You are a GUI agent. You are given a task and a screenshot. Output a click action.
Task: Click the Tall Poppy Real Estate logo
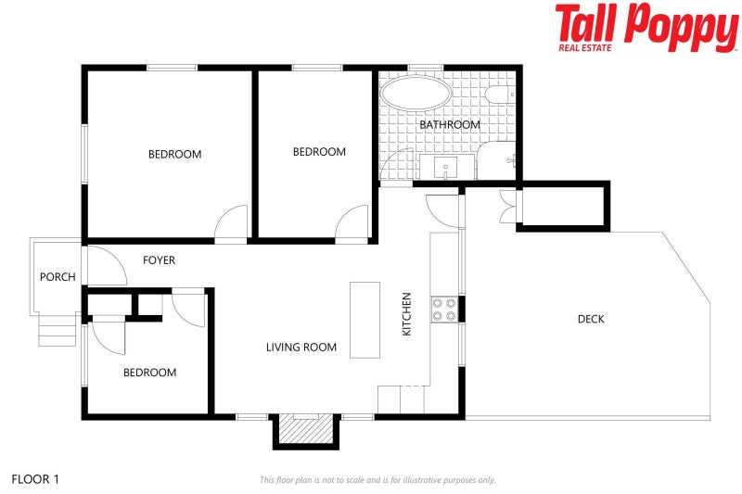pos(646,27)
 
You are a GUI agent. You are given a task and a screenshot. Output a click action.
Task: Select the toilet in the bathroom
pos(497,95)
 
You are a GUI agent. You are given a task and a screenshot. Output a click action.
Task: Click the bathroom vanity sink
pos(446,169)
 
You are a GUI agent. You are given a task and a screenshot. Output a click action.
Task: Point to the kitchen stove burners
pos(443,309)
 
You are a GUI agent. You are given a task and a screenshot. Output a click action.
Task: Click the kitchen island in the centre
pos(365,319)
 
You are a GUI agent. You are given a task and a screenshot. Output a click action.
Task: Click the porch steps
pos(57,328)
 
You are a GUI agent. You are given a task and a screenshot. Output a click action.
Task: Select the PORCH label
pos(58,277)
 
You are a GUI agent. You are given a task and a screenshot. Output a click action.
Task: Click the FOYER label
pos(159,260)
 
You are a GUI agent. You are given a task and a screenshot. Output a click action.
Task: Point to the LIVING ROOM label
pos(301,348)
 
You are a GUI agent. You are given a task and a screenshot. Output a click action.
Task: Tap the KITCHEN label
pos(406,314)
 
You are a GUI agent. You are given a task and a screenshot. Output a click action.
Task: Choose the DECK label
pos(591,319)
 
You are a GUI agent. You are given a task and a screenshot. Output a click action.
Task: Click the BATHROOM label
pos(450,124)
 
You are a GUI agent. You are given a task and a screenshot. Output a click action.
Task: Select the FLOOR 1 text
pos(35,479)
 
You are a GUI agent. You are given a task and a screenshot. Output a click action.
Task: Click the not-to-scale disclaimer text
pos(377,480)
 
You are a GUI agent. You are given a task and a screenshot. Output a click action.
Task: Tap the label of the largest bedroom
pos(174,154)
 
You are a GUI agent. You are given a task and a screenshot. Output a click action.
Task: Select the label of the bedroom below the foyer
pos(149,373)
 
